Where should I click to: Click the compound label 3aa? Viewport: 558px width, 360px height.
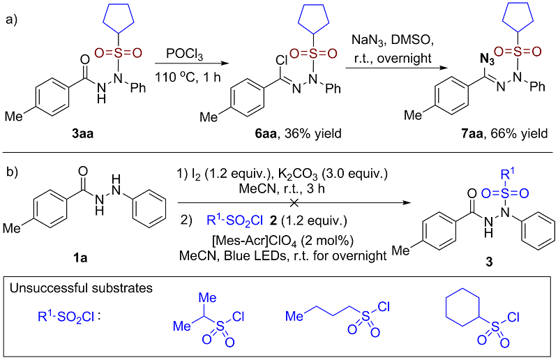82,133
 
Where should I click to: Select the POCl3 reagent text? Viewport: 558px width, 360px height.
184,54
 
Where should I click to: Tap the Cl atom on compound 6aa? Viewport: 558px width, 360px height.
282,61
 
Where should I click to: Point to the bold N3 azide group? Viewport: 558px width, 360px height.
487,59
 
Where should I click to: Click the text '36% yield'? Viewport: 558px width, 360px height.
312,133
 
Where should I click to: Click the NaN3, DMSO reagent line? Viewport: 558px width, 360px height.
393,40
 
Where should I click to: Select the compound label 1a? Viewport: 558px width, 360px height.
80,257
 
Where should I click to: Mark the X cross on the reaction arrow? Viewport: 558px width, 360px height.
294,203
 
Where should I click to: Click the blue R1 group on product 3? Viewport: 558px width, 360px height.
508,174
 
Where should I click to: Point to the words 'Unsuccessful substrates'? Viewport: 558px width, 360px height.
81,287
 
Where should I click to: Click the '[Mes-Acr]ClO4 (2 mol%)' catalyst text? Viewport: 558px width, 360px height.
282,241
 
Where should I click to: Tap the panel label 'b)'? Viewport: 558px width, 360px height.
12,172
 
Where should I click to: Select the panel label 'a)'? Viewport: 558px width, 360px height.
12,19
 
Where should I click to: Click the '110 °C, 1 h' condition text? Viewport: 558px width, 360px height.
188,77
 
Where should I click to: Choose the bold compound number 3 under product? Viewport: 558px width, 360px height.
490,262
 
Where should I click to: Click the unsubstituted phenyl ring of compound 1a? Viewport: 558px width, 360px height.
149,209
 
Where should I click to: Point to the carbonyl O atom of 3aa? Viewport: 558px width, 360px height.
84,60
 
